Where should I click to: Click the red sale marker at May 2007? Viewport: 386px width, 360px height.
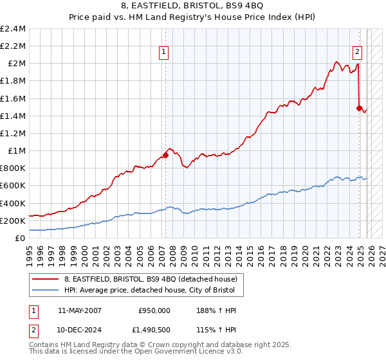point(165,154)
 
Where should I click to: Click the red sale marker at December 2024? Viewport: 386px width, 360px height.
point(360,108)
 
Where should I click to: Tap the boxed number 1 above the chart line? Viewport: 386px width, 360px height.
point(164,53)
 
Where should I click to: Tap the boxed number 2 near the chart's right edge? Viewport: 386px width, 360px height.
point(357,53)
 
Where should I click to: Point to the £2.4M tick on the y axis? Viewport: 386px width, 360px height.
point(13,29)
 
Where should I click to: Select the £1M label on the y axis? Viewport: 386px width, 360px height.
point(16,150)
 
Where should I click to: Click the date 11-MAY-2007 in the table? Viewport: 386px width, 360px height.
point(80,310)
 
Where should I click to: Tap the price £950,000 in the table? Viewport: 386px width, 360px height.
point(154,310)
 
